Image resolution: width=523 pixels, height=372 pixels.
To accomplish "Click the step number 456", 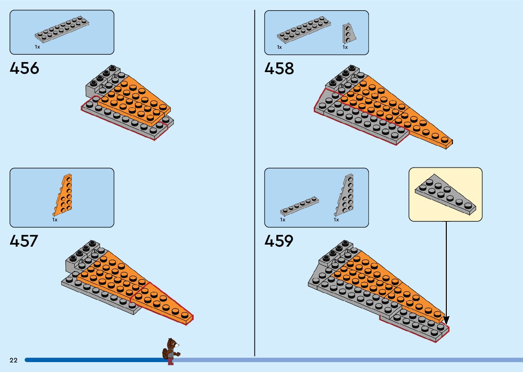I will [24, 68].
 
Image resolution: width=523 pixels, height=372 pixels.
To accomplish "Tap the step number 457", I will [24, 241].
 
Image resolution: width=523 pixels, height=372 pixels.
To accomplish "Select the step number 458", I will [279, 68].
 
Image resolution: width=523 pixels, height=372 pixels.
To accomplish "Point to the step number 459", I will [278, 241].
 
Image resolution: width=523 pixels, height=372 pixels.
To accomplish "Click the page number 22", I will [13, 360].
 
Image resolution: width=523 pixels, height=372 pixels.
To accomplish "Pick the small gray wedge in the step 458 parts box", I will [349, 34].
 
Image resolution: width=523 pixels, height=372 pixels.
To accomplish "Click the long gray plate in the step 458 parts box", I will [304, 30].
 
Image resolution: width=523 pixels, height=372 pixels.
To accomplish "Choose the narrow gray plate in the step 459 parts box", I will [300, 206].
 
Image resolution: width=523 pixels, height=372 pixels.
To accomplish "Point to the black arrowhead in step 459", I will [446, 320].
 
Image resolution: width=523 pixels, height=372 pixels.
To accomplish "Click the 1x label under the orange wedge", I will [55, 220].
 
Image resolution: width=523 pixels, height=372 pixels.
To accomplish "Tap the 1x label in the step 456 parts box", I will [37, 47].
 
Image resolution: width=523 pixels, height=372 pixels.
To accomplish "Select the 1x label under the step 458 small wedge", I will [345, 47].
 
